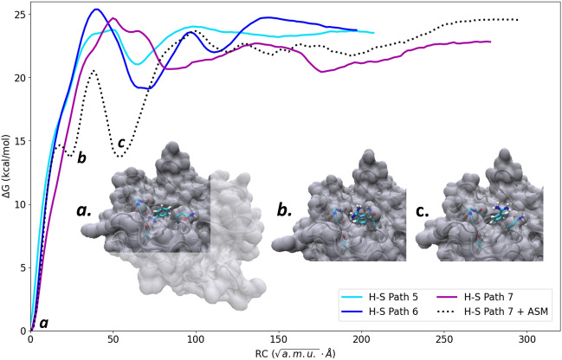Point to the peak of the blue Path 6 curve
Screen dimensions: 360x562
pyautogui.click(x=96, y=10)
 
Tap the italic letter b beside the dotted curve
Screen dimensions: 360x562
pyautogui.click(x=81, y=157)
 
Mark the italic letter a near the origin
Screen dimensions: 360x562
pyautogui.click(x=43, y=323)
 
